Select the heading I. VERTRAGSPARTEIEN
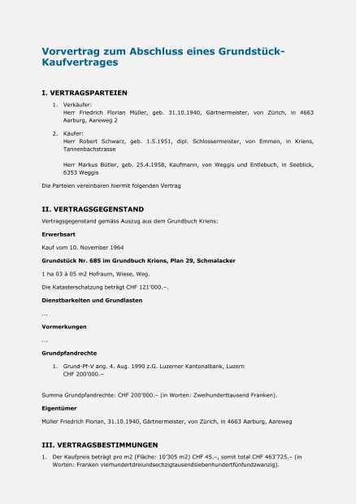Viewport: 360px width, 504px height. click(84, 93)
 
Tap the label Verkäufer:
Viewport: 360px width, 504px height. click(78, 105)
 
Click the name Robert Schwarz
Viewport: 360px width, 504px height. click(98, 141)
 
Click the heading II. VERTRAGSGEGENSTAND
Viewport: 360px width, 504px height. click(93, 209)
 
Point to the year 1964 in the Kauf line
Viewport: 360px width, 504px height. click(115, 247)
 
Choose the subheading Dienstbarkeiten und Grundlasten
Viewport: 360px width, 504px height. click(92, 300)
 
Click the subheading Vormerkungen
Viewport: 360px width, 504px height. click(62, 327)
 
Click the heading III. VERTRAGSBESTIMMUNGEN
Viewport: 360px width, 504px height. click(99, 445)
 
